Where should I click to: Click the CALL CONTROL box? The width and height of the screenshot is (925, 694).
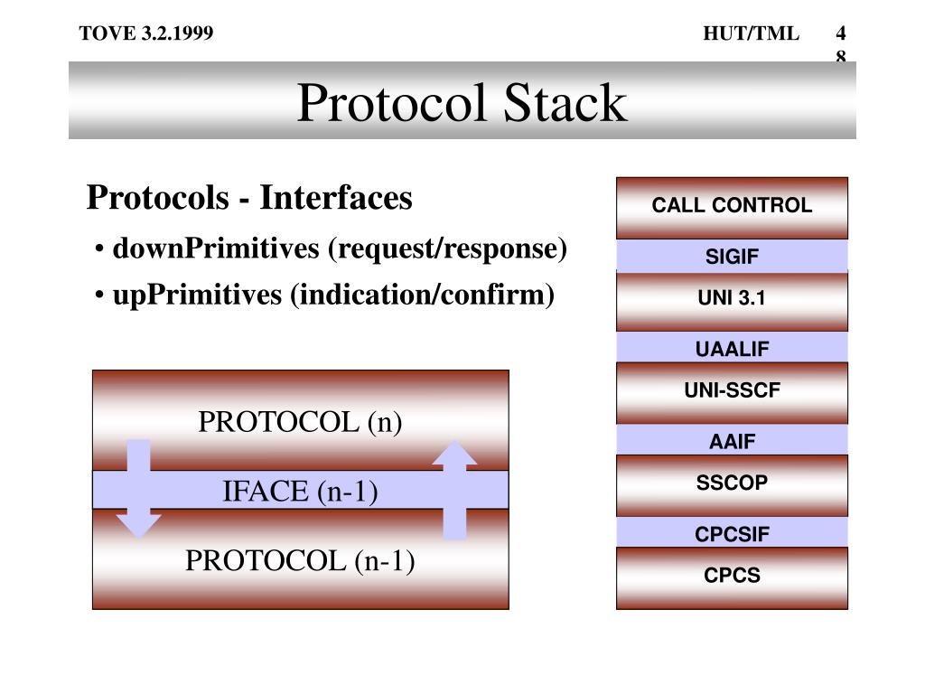coord(732,207)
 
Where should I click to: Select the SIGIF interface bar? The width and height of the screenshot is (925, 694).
coord(732,257)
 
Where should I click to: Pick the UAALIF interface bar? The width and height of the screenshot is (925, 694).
coord(732,348)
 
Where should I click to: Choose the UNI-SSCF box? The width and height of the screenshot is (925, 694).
coord(732,392)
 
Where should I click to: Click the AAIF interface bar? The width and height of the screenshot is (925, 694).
coord(732,441)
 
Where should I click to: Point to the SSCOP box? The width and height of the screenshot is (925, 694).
coord(732,484)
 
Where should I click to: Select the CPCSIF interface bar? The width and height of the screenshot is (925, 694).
coord(732,533)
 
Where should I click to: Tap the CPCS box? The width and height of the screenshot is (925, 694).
coord(732,577)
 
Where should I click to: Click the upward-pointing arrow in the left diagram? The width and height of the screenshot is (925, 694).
coord(454,488)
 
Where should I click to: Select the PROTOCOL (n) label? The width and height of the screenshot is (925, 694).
coord(300,422)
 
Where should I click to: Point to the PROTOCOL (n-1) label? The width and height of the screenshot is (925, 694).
coord(300,561)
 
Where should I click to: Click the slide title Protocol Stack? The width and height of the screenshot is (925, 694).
coord(462,102)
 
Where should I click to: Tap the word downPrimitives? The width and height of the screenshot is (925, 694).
coord(216,249)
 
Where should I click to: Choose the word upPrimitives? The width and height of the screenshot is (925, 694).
coord(197,295)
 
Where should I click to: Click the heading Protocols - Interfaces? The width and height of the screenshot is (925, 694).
coord(249,197)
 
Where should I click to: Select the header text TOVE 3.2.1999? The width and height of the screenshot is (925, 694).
coord(146,34)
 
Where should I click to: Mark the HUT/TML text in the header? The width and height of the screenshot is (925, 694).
coord(751,34)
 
